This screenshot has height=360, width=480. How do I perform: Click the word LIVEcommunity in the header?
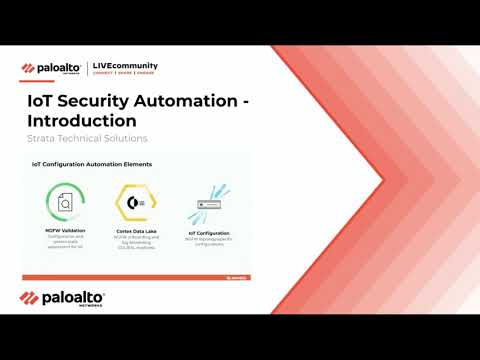[x=124, y=66]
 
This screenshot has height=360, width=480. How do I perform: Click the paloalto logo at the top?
[x=52, y=69]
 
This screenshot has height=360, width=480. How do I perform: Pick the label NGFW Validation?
[x=64, y=230]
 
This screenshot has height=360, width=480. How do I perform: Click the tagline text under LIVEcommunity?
[x=124, y=75]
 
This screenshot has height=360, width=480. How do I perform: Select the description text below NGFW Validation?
[x=64, y=241]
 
